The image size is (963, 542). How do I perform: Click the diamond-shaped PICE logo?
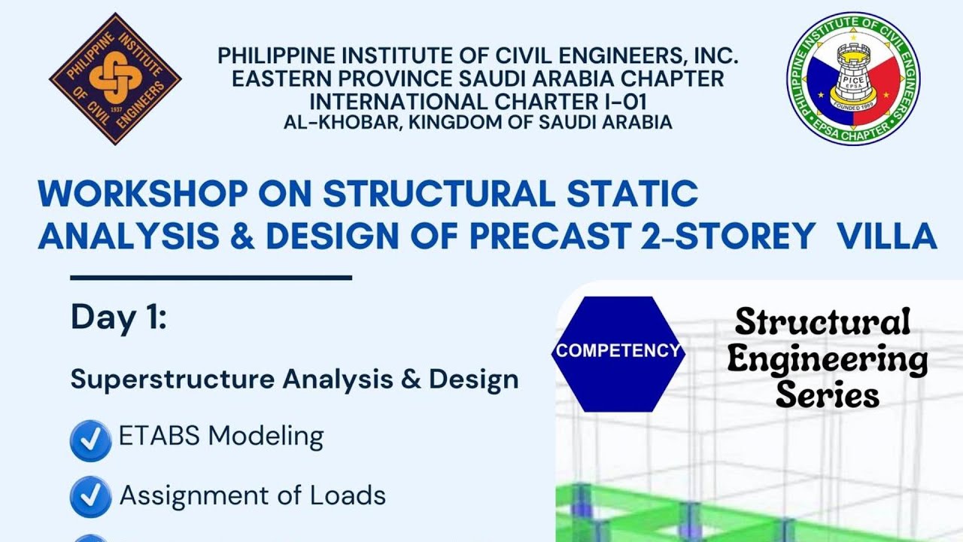[x=115, y=78]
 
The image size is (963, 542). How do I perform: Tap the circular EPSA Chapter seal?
[x=853, y=78]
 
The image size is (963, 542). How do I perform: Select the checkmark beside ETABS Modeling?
[x=90, y=440]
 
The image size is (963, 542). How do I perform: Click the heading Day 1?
[x=118, y=318]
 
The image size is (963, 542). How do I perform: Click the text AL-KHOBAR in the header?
[x=339, y=122]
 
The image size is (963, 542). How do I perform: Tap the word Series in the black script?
[x=827, y=394]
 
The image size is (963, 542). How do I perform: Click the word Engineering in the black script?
[x=827, y=360]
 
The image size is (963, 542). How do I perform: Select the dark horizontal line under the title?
[x=211, y=278]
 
